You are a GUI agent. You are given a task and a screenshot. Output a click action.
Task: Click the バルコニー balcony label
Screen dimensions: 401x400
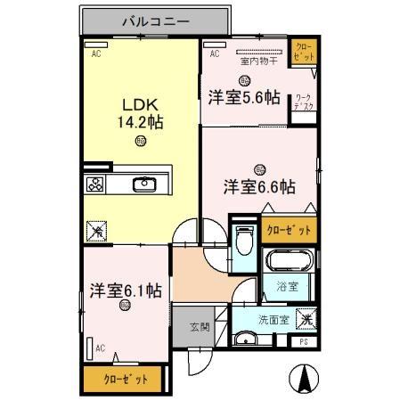pos(156,20)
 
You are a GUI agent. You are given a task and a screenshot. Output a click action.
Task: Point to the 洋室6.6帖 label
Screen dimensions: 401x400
pos(258,186)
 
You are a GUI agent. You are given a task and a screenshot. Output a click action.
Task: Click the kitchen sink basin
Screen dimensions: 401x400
pos(144,185)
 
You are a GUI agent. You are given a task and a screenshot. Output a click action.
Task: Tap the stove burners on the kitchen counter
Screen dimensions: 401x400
pos(94,185)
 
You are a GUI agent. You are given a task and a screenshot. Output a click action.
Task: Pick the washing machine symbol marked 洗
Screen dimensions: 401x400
pos(305,317)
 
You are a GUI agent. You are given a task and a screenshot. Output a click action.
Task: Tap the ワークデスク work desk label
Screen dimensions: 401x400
pos(303,102)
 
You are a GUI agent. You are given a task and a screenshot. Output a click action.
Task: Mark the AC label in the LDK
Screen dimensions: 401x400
pos(95,53)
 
